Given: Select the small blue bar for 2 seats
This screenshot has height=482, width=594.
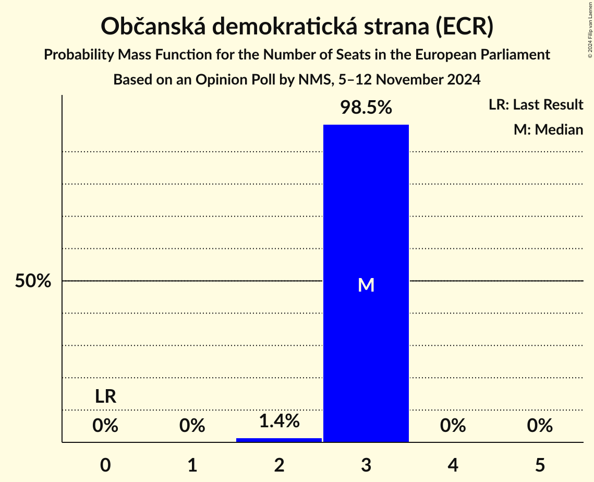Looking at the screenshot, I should click(279, 440).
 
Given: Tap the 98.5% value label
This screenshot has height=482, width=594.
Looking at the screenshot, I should click(366, 107).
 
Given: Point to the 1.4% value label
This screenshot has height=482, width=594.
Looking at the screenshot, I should click(279, 420).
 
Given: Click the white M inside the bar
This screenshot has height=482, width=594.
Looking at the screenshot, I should click(366, 285).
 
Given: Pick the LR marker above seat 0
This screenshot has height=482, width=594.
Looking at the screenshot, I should click(105, 397).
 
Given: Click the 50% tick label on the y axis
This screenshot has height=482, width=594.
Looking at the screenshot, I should click(33, 281).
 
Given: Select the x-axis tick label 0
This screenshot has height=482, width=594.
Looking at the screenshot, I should click(105, 465).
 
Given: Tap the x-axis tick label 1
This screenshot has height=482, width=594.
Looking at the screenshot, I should click(192, 465).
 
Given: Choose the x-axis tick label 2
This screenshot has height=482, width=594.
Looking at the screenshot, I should click(279, 465).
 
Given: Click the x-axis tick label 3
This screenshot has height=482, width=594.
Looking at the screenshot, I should click(366, 465).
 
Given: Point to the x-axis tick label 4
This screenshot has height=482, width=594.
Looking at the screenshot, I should click(453, 465).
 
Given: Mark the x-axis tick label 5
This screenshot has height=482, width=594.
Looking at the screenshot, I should click(540, 465).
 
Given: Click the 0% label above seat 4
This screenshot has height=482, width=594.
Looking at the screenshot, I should click(453, 426).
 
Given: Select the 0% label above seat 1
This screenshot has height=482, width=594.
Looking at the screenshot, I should click(192, 426).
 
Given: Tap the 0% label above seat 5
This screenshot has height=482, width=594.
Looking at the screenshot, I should click(540, 426).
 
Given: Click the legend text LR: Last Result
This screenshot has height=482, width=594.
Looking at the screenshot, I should click(536, 105).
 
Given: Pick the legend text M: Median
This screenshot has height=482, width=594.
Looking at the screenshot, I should click(548, 129).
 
